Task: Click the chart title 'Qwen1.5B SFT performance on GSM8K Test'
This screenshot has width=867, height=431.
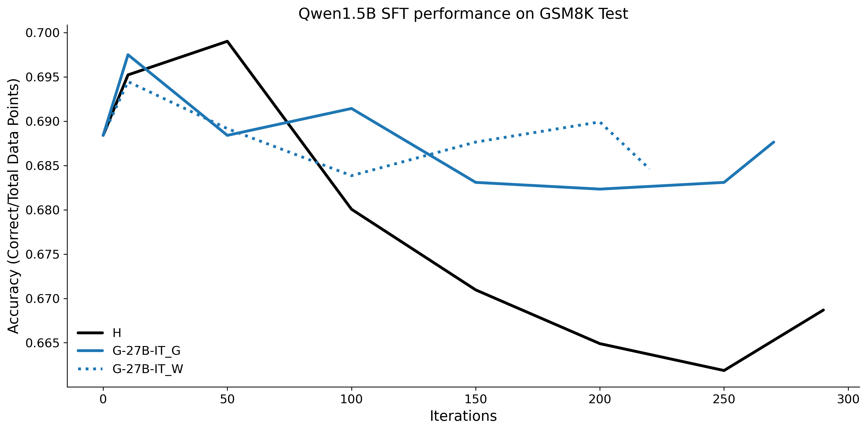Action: click(x=463, y=14)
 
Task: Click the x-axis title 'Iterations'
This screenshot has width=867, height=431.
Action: click(x=463, y=416)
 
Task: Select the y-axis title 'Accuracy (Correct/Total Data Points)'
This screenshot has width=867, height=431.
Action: click(x=13, y=206)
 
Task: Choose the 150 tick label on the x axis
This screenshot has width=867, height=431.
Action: click(x=475, y=399)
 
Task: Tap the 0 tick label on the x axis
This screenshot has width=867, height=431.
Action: click(x=103, y=399)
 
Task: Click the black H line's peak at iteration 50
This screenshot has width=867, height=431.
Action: click(x=228, y=41)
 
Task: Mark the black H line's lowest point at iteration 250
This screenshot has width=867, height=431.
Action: click(x=724, y=370)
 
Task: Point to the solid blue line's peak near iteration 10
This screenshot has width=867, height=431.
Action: click(x=128, y=55)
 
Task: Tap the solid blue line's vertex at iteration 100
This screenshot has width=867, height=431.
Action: click(x=351, y=108)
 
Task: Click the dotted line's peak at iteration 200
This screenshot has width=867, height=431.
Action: click(x=600, y=122)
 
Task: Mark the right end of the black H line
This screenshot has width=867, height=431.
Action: click(x=824, y=310)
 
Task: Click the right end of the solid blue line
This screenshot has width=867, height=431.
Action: click(x=774, y=142)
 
